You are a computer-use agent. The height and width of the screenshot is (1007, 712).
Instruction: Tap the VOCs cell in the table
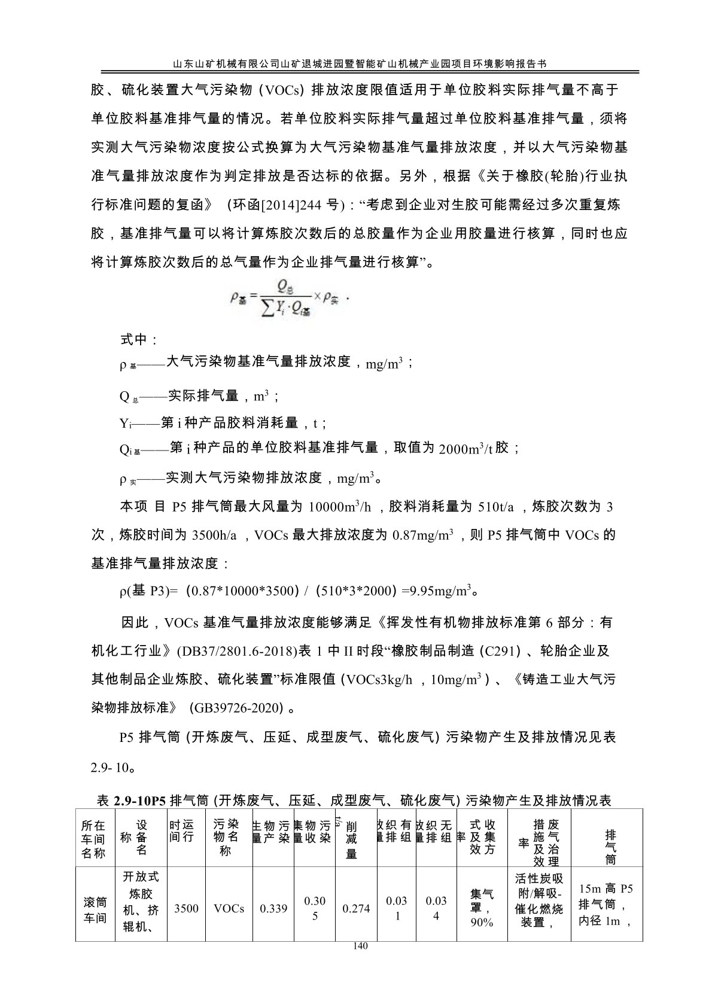point(229,908)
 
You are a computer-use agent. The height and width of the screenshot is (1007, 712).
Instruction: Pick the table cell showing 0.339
point(273,908)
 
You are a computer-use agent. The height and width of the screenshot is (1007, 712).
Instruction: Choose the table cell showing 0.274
point(355,908)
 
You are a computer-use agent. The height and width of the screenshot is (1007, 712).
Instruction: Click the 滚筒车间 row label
point(93,909)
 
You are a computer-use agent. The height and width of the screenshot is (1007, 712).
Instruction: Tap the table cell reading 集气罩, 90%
point(482,908)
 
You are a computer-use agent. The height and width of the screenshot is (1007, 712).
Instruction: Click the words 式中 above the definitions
point(139,340)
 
